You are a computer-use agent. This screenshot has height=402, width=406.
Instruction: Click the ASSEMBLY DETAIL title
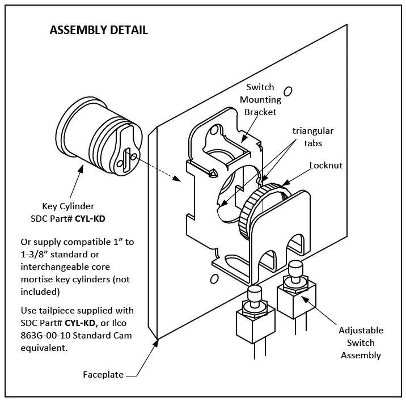coord(99,30)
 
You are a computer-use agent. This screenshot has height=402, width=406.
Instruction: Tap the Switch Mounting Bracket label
coord(260,99)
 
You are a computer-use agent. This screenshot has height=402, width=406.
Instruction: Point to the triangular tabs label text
coord(313,137)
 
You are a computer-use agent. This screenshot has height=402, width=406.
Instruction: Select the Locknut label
coord(326,166)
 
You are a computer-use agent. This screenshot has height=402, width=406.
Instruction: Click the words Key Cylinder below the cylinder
coord(69,206)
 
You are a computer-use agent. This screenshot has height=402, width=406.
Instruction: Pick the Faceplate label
coord(103,375)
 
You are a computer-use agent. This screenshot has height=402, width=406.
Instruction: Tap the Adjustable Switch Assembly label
coord(361,342)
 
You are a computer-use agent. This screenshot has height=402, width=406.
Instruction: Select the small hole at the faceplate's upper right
coord(288,91)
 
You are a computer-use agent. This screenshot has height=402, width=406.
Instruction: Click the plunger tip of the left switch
coord(254,293)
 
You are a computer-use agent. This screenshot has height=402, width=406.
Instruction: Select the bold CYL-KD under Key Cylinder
coord(90,218)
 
